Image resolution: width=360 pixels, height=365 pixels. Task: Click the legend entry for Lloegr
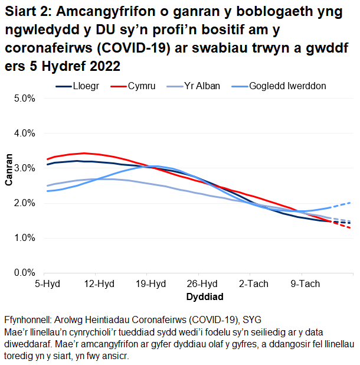(x=86, y=86)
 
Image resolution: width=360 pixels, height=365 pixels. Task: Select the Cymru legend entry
(x=142, y=86)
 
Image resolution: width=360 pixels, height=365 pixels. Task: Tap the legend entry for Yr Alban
(x=202, y=86)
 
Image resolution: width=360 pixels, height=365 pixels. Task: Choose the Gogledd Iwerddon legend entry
(x=287, y=86)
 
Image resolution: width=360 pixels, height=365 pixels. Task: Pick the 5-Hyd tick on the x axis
(x=47, y=284)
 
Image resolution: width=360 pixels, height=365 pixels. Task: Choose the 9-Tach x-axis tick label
(x=305, y=284)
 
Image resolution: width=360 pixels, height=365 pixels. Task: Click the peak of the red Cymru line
(x=84, y=153)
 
